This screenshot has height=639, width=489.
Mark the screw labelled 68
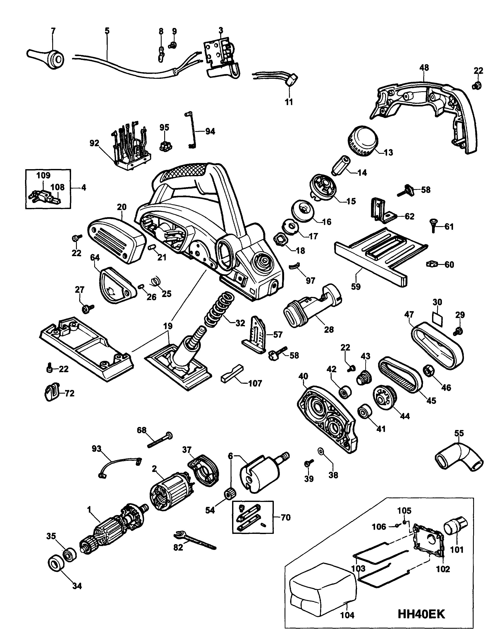160,440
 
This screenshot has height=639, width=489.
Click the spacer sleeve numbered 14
342,166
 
